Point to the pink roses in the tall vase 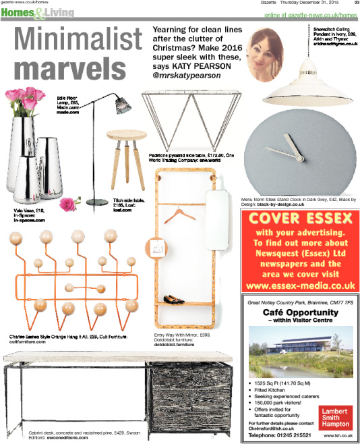point(25,101)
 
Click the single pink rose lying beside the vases point(68,202)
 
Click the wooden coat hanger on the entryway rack point(178,215)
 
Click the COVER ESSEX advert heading point(300,220)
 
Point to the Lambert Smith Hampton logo point(334,415)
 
